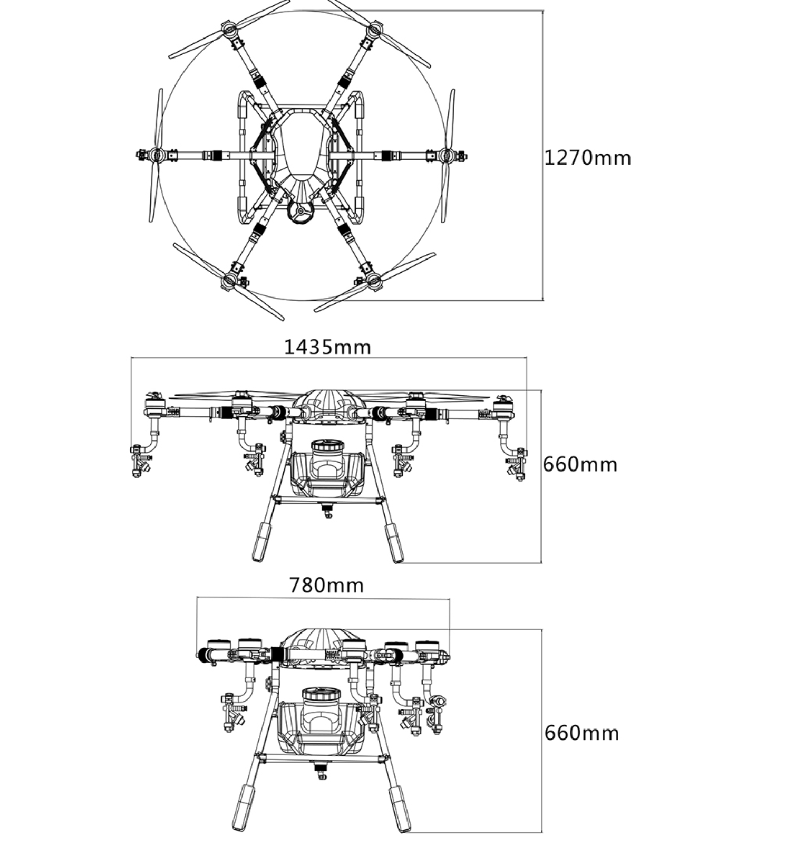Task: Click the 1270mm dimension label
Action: [587, 158]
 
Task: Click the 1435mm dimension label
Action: [327, 347]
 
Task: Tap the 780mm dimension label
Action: [326, 586]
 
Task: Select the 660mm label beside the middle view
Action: [580, 464]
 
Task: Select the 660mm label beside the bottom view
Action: [581, 733]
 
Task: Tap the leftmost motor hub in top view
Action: [156, 155]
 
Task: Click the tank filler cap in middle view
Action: [327, 446]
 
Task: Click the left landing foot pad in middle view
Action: [261, 542]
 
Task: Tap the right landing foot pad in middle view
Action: [394, 543]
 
